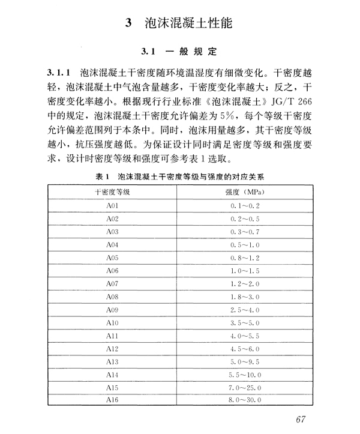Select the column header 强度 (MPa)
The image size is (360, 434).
click(247, 191)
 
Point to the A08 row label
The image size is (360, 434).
click(112, 297)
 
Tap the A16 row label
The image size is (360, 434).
click(112, 400)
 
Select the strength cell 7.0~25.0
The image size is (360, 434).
click(247, 387)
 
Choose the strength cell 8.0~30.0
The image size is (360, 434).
click(247, 400)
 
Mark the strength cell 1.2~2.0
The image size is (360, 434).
click(247, 283)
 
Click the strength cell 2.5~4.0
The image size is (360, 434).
click(247, 309)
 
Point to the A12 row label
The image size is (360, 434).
click(112, 348)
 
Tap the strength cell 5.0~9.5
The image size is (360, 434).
click(247, 361)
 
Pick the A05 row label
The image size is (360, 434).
click(112, 258)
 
